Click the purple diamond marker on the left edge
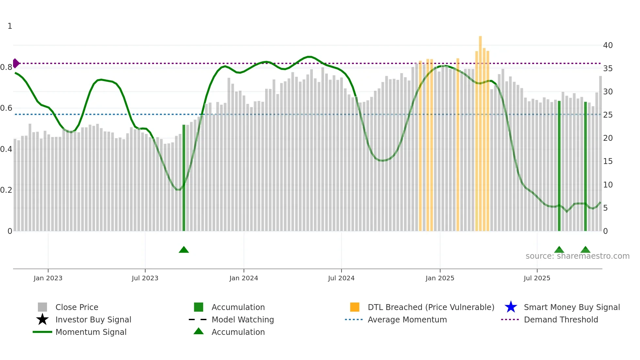coord(16,63)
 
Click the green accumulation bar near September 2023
coord(184,178)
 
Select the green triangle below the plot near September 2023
coord(184,250)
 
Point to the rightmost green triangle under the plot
coord(585,250)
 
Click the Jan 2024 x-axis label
coord(244,278)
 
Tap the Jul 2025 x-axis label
coord(537,278)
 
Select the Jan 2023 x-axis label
coord(48,278)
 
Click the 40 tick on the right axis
coord(608,45)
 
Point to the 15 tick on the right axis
coord(608,161)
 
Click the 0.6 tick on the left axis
coord(6,108)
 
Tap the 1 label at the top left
coord(10,26)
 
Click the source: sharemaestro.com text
coord(577,256)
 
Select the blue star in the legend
coord(511,307)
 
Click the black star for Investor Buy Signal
coord(42,319)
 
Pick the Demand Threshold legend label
coord(561,319)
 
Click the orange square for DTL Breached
coord(355,307)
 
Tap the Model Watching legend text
coord(243,319)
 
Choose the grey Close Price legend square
coord(42,307)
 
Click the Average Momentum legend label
coord(407,319)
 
